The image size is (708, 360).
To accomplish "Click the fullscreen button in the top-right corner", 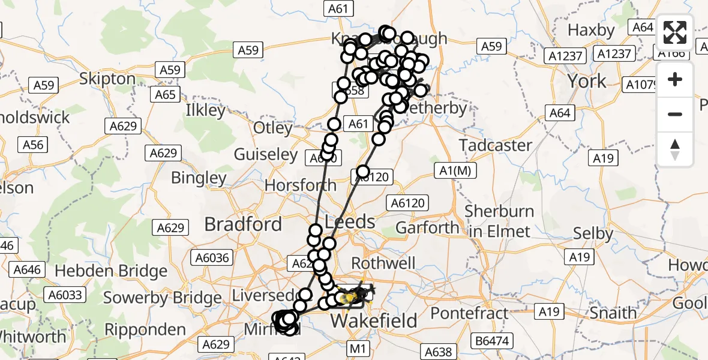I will [675, 32].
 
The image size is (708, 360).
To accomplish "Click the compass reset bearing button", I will [675, 149].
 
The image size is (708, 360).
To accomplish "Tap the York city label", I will [587, 81].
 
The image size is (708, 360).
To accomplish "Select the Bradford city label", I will [243, 224].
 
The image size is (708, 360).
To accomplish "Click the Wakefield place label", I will [374, 321].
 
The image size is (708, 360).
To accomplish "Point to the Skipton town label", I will [107, 79].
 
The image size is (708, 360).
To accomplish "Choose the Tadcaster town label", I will [496, 145].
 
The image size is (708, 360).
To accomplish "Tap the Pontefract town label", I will [469, 313].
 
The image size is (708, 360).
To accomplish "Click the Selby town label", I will [593, 233].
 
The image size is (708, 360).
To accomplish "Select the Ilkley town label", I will [206, 110].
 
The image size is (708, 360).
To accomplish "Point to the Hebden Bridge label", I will [110, 271].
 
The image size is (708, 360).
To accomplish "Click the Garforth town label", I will [427, 228].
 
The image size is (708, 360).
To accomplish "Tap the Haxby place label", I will [591, 30].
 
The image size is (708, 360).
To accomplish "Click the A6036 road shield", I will [211, 258].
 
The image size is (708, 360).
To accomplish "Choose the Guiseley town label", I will [266, 155].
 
